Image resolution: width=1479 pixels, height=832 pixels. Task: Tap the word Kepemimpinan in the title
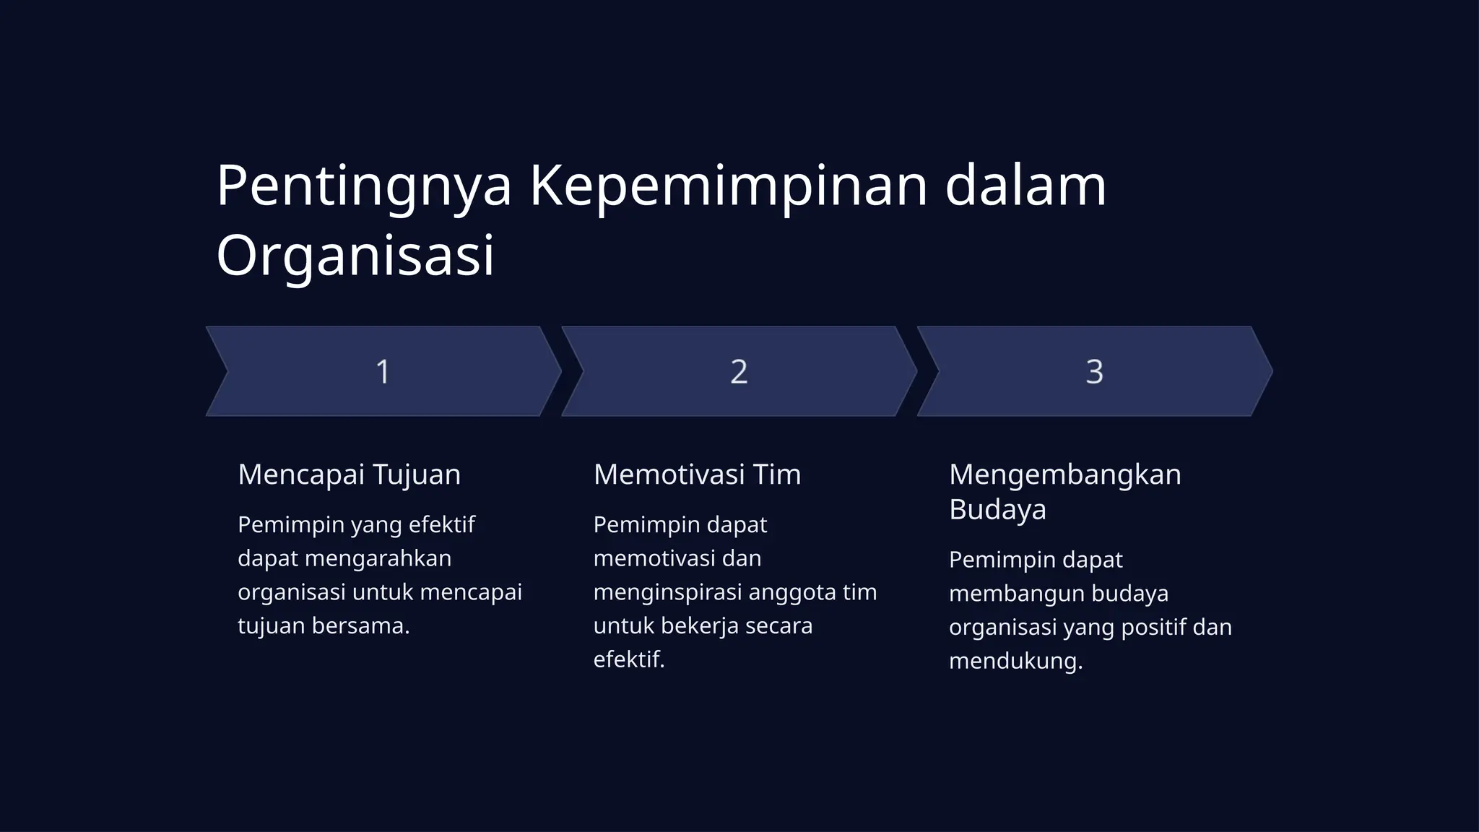pyautogui.click(x=728, y=186)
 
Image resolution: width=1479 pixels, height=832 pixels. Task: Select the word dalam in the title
pyautogui.click(x=1025, y=186)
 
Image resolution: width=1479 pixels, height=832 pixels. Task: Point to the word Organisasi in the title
pyautogui.click(x=355, y=256)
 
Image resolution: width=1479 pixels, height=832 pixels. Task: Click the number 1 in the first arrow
pyautogui.click(x=383, y=372)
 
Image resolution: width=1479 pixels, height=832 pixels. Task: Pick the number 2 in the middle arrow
pyautogui.click(x=738, y=372)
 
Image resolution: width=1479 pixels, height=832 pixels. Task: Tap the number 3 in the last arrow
pyautogui.click(x=1094, y=372)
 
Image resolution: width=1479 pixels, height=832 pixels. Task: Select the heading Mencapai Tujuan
pyautogui.click(x=349, y=474)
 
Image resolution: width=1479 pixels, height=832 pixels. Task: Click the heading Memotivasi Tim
pyautogui.click(x=697, y=474)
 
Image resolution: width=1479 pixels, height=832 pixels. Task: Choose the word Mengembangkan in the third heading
pyautogui.click(x=1064, y=475)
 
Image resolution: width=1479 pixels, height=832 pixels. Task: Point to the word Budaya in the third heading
pyautogui.click(x=997, y=509)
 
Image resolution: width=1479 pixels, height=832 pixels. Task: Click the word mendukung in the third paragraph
pyautogui.click(x=1015, y=661)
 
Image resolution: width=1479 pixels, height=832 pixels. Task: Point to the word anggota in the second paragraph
pyautogui.click(x=792, y=592)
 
